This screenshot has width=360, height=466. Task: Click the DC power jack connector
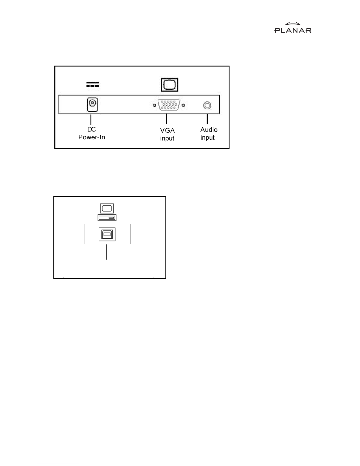point(92,104)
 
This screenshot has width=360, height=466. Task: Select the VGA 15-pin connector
point(169,105)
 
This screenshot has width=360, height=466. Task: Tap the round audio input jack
point(207,105)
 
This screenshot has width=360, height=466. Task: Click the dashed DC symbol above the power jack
point(92,85)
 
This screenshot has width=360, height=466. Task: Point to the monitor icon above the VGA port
point(170,85)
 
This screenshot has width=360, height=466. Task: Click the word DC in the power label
point(92,129)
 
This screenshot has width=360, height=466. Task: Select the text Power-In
point(92,137)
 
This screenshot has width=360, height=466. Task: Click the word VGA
point(168,131)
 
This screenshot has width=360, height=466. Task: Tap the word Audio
point(209,130)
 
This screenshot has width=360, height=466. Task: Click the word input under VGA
point(167,138)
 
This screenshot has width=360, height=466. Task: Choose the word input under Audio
point(207,138)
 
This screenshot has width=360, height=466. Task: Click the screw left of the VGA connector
point(155,105)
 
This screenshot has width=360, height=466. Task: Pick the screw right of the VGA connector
point(183,105)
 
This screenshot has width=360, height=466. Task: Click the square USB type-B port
point(107,234)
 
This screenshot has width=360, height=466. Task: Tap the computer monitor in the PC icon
point(107,208)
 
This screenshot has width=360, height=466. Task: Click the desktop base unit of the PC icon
point(107,218)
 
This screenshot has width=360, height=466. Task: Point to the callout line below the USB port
point(107,252)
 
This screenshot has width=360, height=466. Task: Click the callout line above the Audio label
point(207,119)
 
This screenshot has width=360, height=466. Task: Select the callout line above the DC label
point(91,119)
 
